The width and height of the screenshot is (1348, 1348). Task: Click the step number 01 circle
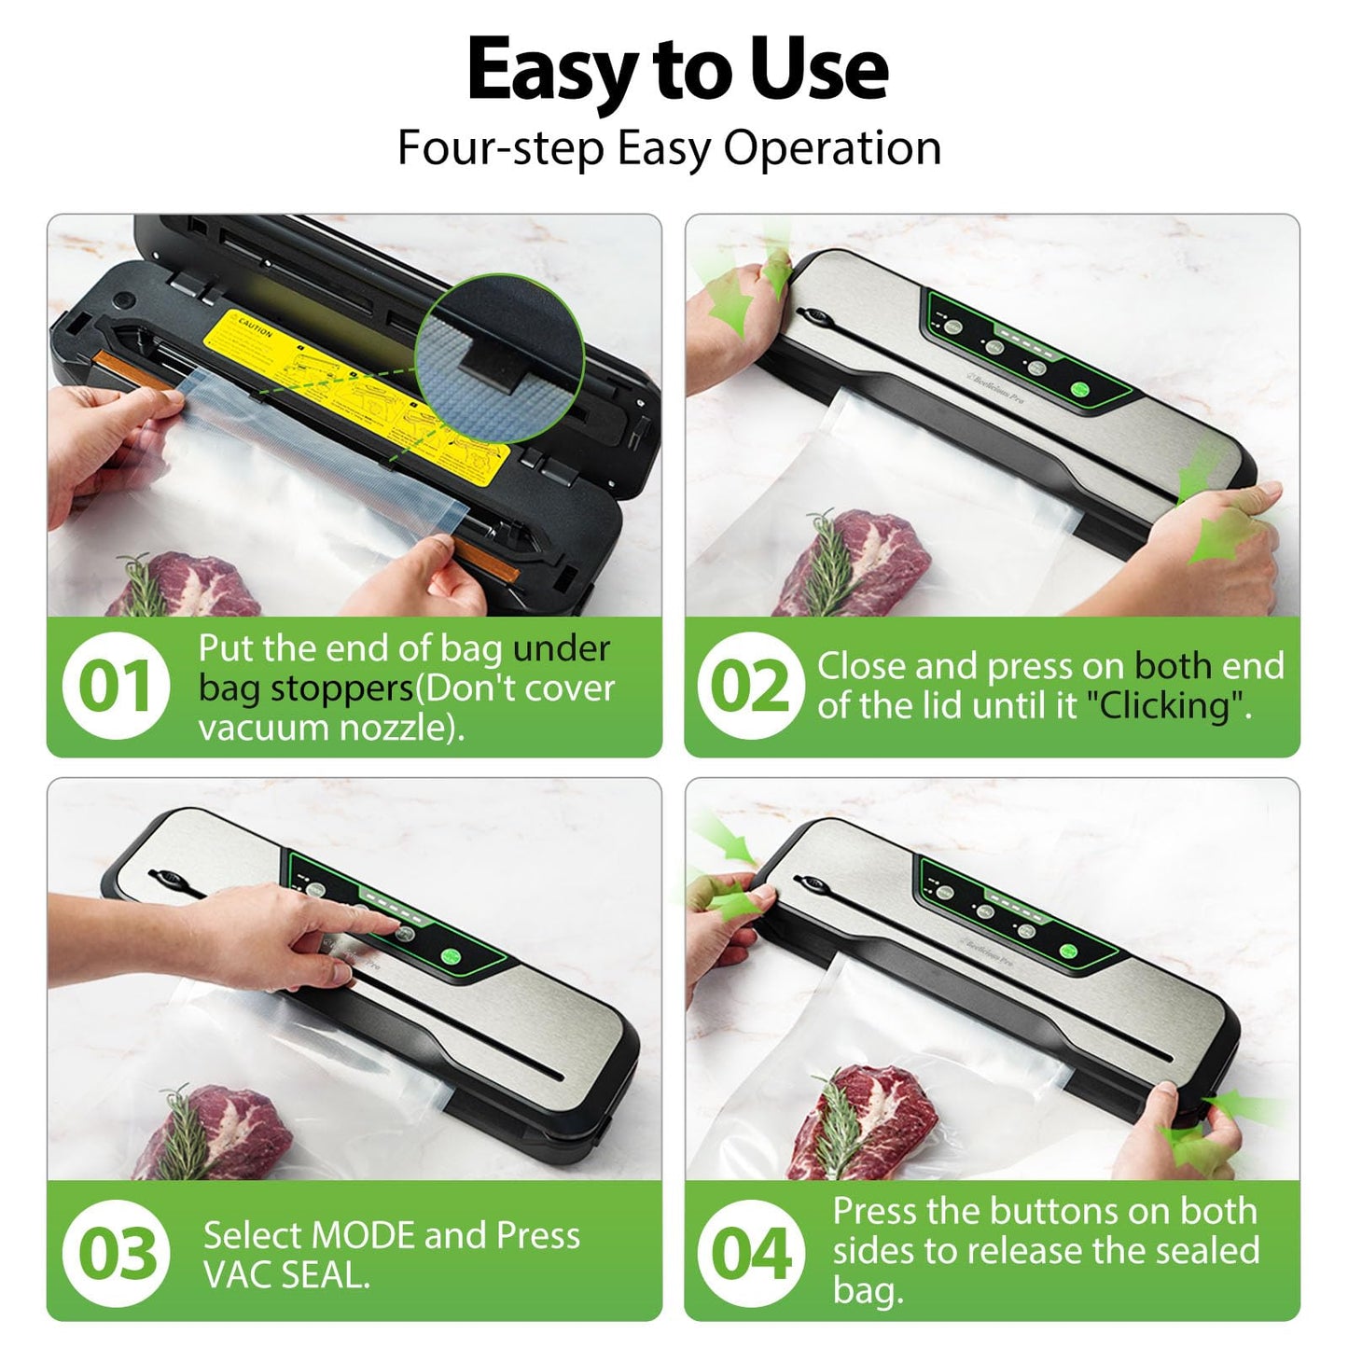tap(116, 687)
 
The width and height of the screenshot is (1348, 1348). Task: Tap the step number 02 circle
tap(750, 687)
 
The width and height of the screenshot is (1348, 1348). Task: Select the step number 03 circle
tap(116, 1253)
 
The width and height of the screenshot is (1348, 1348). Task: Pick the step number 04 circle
tap(750, 1253)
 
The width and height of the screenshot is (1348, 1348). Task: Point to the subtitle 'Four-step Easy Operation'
tap(669, 147)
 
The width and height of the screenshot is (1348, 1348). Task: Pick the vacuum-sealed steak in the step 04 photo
tap(868, 1119)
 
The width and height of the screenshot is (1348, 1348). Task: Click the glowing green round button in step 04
tap(1069, 952)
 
